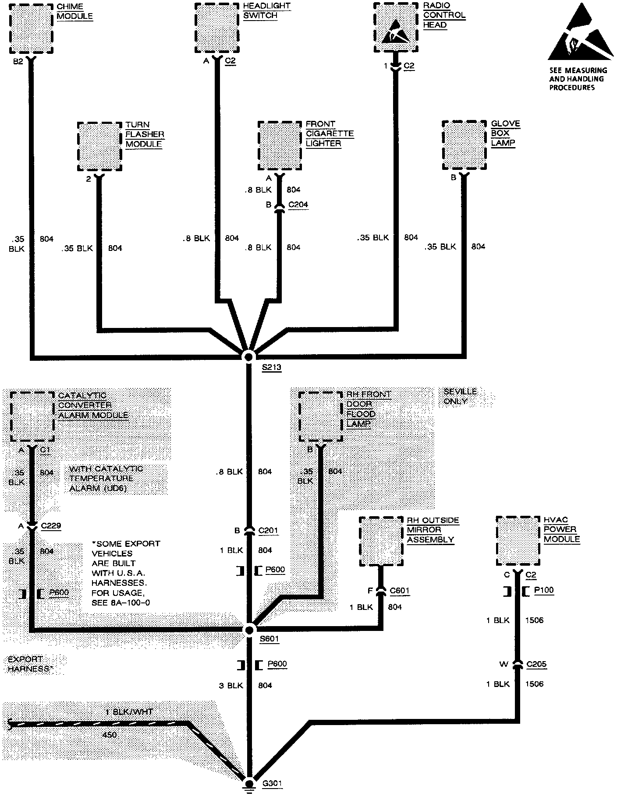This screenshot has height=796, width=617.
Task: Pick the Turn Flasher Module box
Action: point(99,146)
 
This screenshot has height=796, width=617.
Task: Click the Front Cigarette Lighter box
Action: point(280,146)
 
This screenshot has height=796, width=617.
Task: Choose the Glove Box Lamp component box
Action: point(464,145)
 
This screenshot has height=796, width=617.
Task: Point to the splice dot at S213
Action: point(249,356)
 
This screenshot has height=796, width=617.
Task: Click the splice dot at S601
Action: point(249,630)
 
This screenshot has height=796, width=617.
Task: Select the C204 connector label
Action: point(298,204)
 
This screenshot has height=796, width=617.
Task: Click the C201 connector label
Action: point(268,531)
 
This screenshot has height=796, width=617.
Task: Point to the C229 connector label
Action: point(51,526)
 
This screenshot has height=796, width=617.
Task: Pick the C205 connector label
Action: point(537,665)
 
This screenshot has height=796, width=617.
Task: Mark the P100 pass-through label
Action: point(544,590)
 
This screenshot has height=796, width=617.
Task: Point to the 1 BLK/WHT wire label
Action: point(130,712)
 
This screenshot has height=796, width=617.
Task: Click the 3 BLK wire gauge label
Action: point(231,685)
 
